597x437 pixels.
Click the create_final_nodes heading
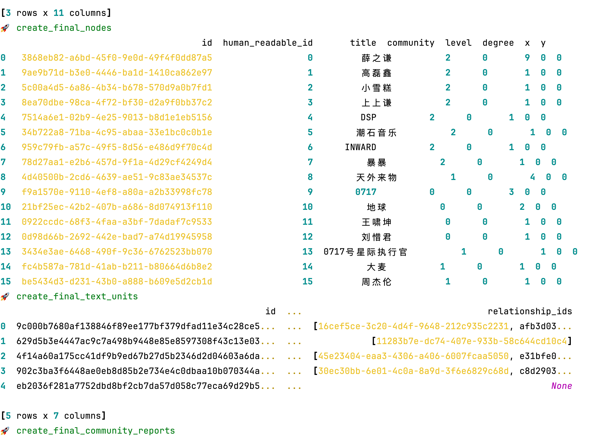[64, 28]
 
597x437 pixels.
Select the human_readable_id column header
[267, 43]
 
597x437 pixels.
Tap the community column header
[411, 43]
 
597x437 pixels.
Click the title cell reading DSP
[368, 117]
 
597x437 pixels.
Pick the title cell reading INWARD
[360, 147]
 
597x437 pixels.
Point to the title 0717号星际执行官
[365, 251]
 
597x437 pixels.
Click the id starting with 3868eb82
[117, 58]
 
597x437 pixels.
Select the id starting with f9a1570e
[117, 192]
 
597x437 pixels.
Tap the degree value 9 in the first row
[527, 58]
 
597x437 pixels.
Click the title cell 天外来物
[376, 177]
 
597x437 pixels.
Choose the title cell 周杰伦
[376, 282]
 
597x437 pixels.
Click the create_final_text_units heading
[77, 296]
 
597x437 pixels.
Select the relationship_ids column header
[530, 311]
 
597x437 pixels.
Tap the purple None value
[562, 386]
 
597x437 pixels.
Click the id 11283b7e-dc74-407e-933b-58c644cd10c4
[472, 341]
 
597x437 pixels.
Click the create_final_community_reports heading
[96, 431]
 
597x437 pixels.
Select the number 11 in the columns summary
[58, 13]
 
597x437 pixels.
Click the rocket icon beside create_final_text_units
[5, 296]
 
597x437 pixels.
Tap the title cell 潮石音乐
[376, 132]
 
